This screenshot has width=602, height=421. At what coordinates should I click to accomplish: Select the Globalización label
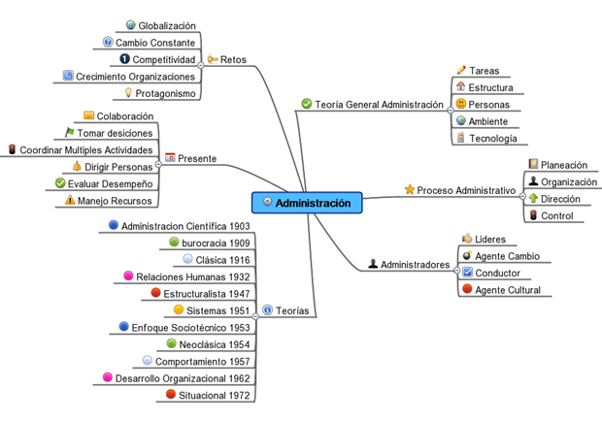coord(167,26)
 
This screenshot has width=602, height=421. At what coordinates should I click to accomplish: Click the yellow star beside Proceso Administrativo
coord(409,190)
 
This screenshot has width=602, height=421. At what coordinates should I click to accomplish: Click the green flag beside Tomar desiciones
coord(69,133)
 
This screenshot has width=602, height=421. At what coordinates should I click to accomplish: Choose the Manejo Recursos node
coord(116,201)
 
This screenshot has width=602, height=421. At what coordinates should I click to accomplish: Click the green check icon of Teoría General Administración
coord(307,104)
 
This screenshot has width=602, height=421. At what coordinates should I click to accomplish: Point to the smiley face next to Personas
coord(461,104)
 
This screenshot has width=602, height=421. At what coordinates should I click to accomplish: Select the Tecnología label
coord(492,139)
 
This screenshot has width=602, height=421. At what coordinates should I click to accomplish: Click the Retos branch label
coord(233,59)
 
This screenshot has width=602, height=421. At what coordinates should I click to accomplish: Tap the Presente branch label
coord(197,158)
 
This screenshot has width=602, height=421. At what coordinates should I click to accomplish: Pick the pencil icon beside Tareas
coord(461,71)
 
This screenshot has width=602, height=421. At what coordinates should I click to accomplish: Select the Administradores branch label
coord(415,264)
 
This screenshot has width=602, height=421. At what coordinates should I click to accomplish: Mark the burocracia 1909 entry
coord(217,243)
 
